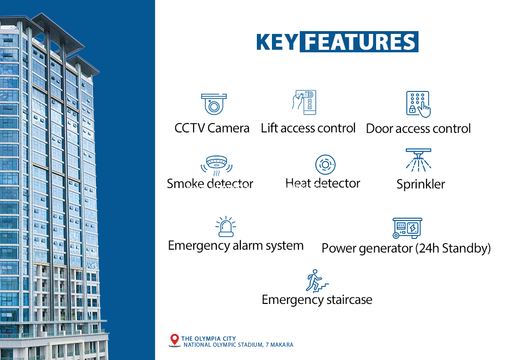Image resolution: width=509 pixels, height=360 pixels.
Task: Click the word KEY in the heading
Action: pyautogui.click(x=277, y=42)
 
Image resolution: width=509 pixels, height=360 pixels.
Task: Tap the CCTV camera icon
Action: pyautogui.click(x=213, y=104)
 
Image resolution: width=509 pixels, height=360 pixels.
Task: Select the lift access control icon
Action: pyautogui.click(x=304, y=102)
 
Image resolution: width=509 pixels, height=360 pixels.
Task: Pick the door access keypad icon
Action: pyautogui.click(x=418, y=104)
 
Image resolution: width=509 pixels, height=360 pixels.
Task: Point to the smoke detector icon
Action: pyautogui.click(x=216, y=165)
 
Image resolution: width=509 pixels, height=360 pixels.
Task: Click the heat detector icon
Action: pyautogui.click(x=325, y=164)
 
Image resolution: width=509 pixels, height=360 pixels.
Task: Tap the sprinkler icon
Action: pyautogui.click(x=419, y=160)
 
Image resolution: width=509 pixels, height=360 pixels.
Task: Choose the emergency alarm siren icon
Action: pyautogui.click(x=226, y=227)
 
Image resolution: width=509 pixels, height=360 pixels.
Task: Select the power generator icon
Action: pyautogui.click(x=407, y=228)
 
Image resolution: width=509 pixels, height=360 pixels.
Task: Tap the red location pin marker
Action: pyautogui.click(x=175, y=340)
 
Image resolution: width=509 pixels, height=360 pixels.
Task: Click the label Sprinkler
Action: pyautogui.click(x=421, y=184)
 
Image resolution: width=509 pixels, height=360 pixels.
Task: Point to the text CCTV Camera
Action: pyautogui.click(x=212, y=128)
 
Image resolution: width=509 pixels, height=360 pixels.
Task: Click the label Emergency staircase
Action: pyautogui.click(x=317, y=300)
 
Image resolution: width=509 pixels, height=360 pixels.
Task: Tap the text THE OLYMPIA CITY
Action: pyautogui.click(x=208, y=339)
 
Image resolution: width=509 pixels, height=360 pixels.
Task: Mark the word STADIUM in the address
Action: pyautogui.click(x=250, y=345)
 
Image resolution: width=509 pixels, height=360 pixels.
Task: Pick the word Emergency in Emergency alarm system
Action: pyautogui.click(x=199, y=246)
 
